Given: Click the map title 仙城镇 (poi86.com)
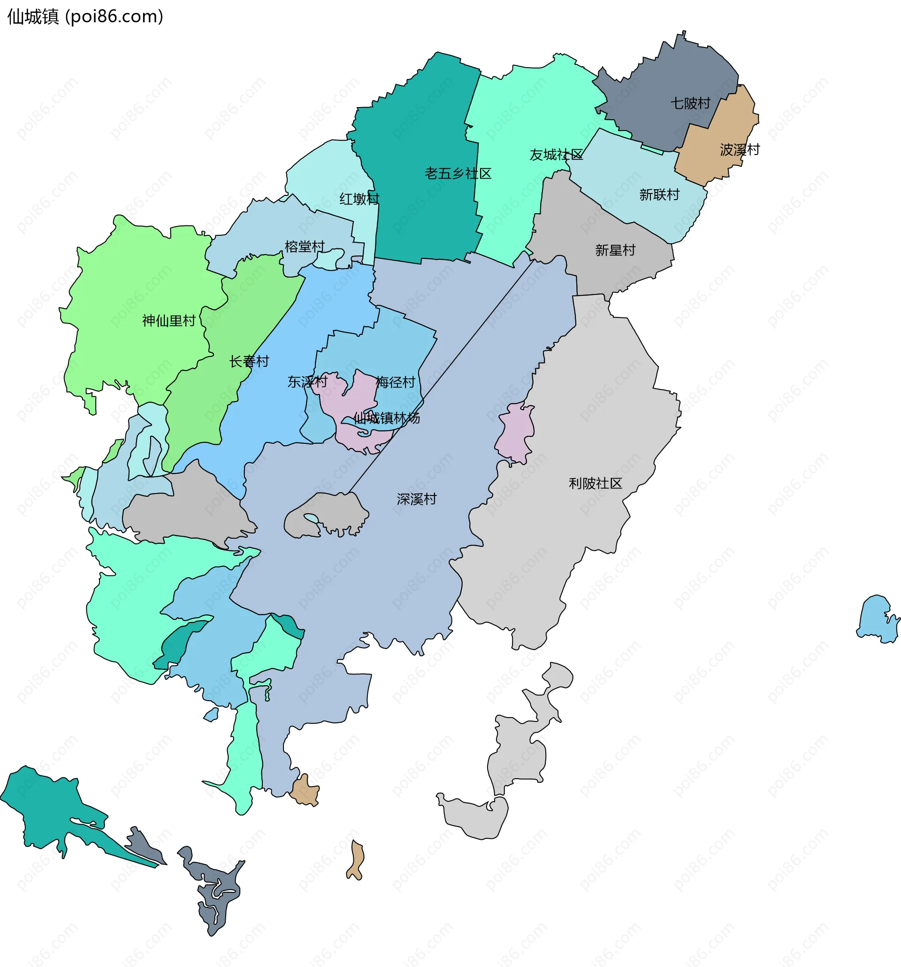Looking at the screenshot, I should [85, 16].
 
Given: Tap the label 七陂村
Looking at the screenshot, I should [690, 103].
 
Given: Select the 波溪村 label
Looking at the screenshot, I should [740, 149].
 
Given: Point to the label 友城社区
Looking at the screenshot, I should [556, 155].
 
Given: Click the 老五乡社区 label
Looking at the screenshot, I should [458, 173].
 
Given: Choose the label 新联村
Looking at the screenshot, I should [659, 194].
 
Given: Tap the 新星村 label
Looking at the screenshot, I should [615, 250].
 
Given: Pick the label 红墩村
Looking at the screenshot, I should [359, 199].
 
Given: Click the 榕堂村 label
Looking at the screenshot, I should [305, 247].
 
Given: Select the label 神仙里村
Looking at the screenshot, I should [168, 321].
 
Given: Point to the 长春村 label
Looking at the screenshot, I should [249, 362].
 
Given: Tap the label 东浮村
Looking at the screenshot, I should [307, 382].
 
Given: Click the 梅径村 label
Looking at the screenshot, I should [395, 382].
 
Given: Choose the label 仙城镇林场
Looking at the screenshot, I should [386, 418].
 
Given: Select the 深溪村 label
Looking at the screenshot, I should [417, 499].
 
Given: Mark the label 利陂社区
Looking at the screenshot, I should [596, 484].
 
